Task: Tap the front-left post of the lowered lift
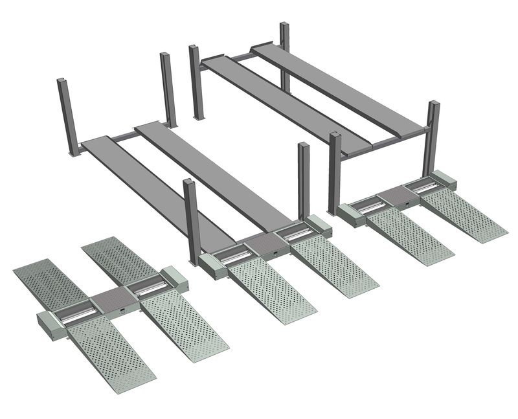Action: point(190,220)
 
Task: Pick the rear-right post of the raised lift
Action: point(284,55)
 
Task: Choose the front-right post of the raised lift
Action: point(433,136)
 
